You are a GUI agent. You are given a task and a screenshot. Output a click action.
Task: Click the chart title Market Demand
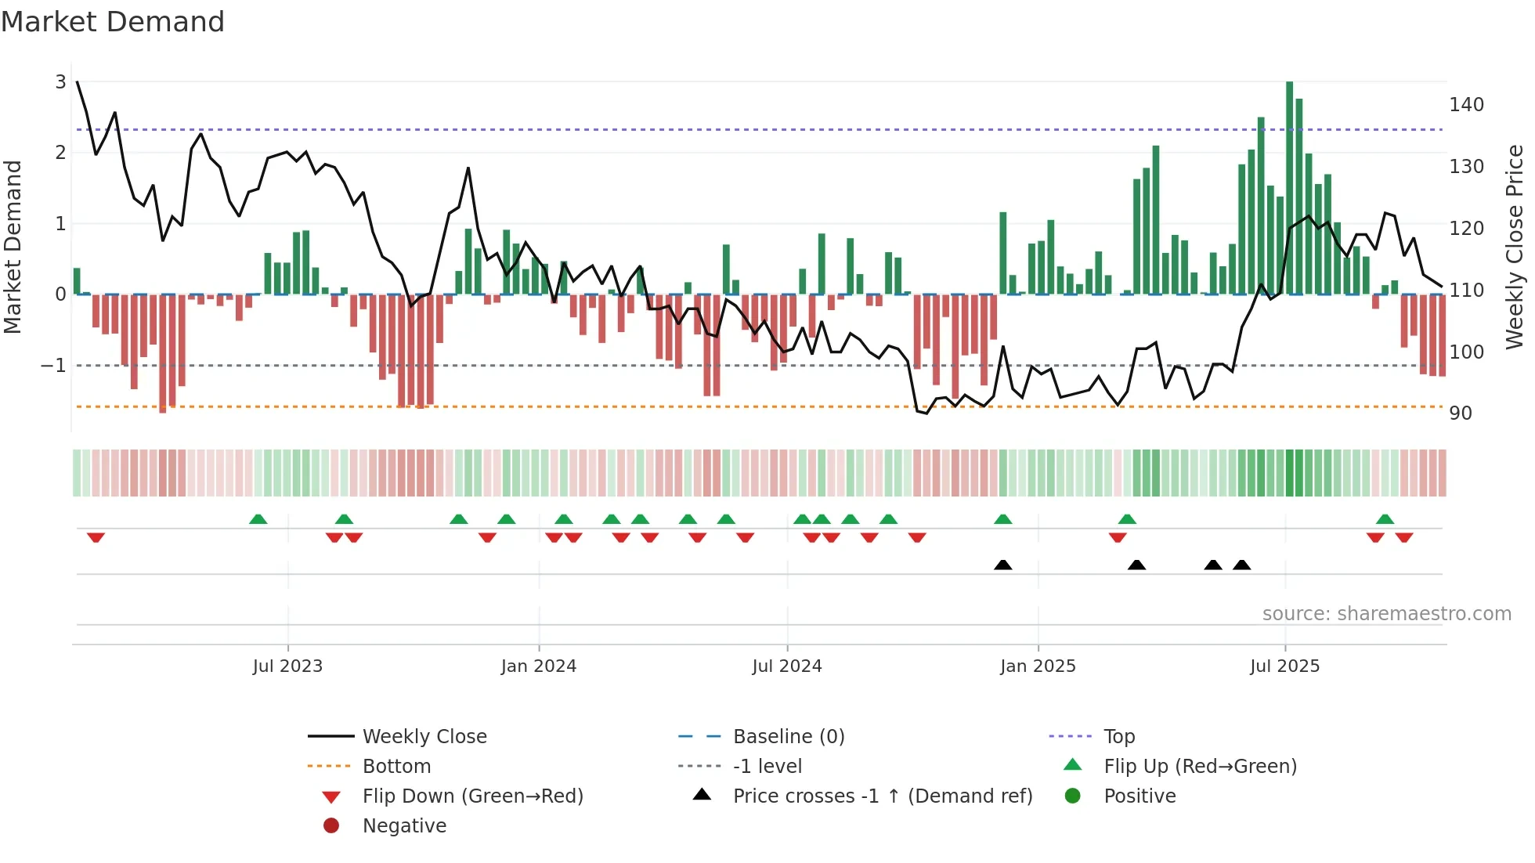(113, 22)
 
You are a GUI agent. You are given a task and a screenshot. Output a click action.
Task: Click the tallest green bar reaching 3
(1289, 188)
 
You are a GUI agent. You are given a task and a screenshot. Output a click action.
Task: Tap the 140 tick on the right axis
(1466, 105)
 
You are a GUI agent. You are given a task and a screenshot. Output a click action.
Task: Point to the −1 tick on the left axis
(53, 366)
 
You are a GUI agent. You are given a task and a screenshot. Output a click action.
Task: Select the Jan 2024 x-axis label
(539, 666)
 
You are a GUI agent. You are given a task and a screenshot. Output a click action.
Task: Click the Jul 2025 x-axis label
(1284, 666)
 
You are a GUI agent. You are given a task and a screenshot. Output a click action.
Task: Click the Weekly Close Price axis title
(1515, 247)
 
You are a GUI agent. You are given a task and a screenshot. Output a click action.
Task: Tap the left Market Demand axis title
(13, 247)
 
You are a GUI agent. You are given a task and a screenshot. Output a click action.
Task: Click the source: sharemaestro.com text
(1386, 614)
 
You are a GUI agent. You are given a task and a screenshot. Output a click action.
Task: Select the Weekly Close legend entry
(424, 737)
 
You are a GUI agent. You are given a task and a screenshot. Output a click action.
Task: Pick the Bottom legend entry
(396, 767)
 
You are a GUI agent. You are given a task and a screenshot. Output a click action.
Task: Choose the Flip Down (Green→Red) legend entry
(472, 796)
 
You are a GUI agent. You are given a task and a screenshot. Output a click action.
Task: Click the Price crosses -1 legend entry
(882, 796)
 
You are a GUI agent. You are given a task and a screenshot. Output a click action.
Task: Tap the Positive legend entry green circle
(1073, 796)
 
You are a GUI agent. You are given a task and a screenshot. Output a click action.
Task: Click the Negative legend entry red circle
(331, 826)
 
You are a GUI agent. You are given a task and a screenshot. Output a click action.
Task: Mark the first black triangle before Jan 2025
(1002, 565)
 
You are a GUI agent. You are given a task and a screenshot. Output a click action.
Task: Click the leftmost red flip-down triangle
(96, 537)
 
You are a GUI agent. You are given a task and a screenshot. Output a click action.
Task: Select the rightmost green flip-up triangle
(1385, 519)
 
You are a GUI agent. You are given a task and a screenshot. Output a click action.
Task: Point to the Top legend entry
(1118, 737)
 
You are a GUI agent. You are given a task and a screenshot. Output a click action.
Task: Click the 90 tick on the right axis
(1461, 413)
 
